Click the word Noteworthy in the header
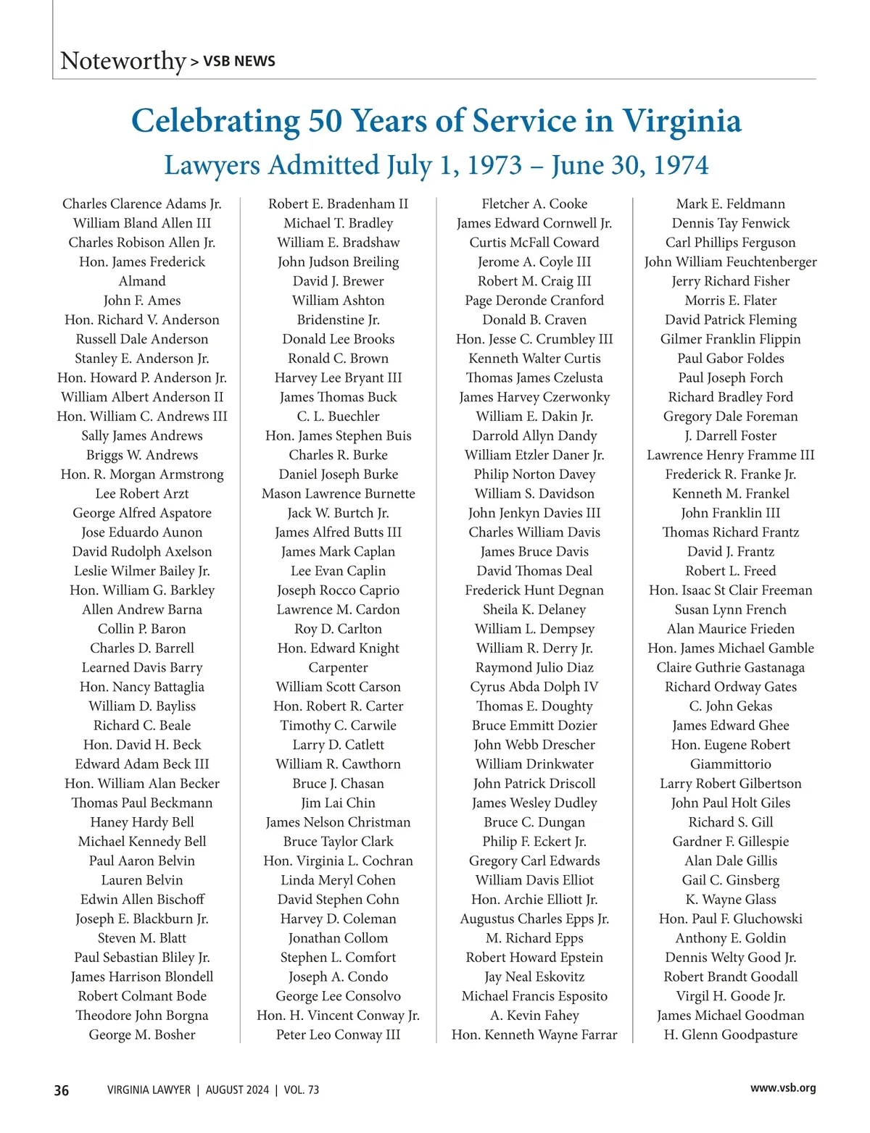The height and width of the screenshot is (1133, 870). pyautogui.click(x=123, y=61)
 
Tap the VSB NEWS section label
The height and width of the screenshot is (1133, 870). pyautogui.click(x=239, y=62)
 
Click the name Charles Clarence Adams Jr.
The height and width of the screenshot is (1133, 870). pyautogui.click(x=142, y=204)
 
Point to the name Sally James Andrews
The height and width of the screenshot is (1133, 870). pyautogui.click(x=142, y=436)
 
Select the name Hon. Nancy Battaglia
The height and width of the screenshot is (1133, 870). pyautogui.click(x=142, y=687)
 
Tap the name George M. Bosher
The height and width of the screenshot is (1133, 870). pyautogui.click(x=142, y=1034)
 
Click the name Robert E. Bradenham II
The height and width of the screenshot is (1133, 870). pyautogui.click(x=338, y=204)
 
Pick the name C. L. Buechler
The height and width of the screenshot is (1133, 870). pyautogui.click(x=338, y=417)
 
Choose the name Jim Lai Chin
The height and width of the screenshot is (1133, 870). pyautogui.click(x=338, y=803)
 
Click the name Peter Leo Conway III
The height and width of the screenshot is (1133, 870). pyautogui.click(x=338, y=1034)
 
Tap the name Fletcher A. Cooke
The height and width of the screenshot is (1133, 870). pyautogui.click(x=534, y=204)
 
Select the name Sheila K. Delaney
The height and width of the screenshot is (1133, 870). pyautogui.click(x=534, y=610)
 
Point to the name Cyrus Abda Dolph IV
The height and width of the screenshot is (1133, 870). pyautogui.click(x=534, y=687)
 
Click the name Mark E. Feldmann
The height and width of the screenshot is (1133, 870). pyautogui.click(x=731, y=204)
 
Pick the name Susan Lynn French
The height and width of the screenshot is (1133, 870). pyautogui.click(x=731, y=610)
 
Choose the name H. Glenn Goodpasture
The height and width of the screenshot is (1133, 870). pyautogui.click(x=731, y=1034)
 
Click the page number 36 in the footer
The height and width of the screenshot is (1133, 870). pyautogui.click(x=62, y=1090)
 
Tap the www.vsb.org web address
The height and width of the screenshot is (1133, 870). pyautogui.click(x=783, y=1088)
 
